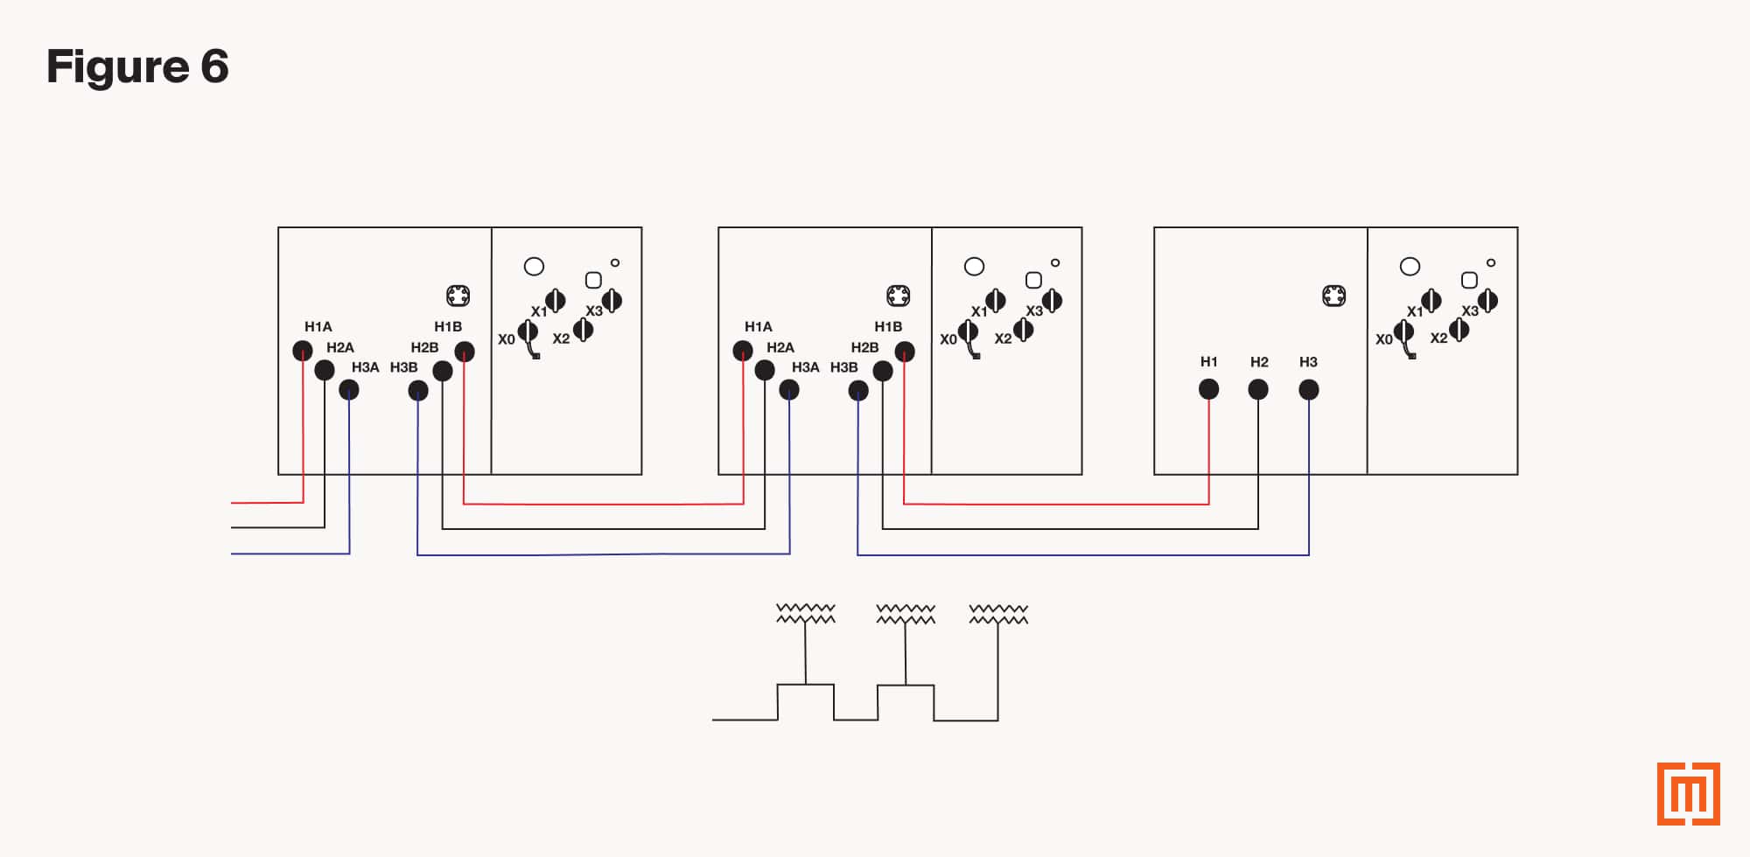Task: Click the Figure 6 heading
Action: tap(137, 66)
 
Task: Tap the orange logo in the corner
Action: tap(1688, 793)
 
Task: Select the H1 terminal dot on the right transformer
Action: tap(1208, 389)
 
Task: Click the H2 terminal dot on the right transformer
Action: tap(1258, 389)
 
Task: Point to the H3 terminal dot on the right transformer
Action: tap(1309, 389)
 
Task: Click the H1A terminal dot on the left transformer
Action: tap(302, 351)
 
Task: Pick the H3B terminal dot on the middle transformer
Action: tap(858, 390)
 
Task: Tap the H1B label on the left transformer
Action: tap(448, 326)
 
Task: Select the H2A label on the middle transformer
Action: tap(780, 347)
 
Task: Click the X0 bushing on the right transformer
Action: tap(1403, 332)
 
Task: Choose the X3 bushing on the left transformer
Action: tap(612, 301)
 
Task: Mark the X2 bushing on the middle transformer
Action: tap(1023, 330)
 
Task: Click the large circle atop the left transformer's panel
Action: tap(534, 266)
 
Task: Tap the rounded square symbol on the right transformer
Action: tap(1469, 280)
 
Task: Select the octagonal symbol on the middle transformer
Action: tap(898, 296)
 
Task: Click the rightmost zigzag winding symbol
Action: tap(998, 614)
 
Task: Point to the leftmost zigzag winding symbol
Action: tap(806, 614)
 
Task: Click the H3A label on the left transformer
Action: tap(365, 367)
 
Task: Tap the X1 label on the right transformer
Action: tap(1414, 311)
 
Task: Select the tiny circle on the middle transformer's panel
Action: tap(1055, 262)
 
